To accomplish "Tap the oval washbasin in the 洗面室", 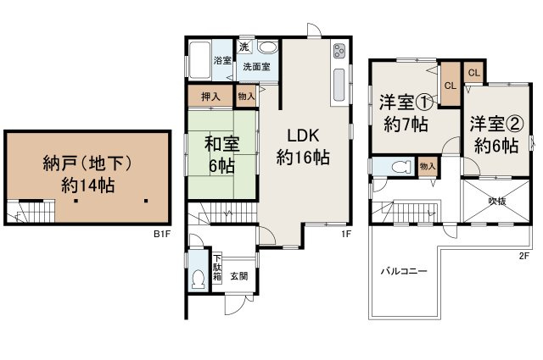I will point(268,48).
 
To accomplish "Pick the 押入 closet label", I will point(210,97).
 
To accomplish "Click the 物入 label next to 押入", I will point(246,97).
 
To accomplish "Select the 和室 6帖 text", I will point(219,152).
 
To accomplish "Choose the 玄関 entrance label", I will point(238,275).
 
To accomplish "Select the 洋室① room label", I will point(406,102).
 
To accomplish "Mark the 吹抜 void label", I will point(496,201).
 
